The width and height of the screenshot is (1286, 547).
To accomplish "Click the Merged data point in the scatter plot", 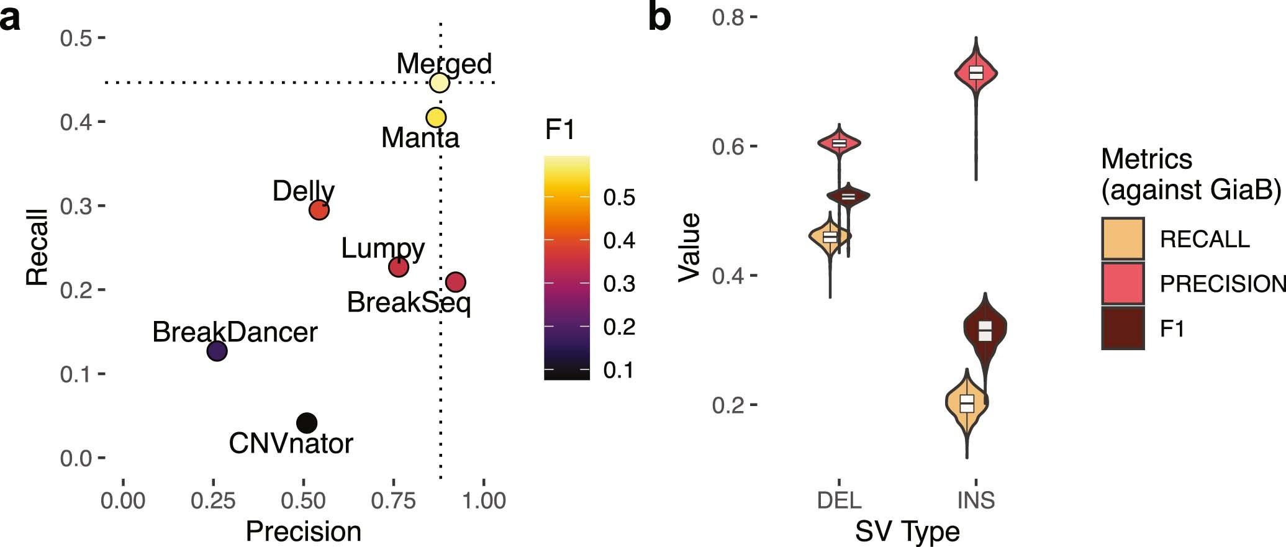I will (x=439, y=83).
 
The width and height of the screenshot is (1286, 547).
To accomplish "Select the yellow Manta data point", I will (x=436, y=117).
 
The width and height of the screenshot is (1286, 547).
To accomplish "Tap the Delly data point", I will (x=319, y=210).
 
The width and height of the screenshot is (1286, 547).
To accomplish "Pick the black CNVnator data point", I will (x=307, y=423).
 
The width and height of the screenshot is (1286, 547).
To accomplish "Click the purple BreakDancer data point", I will (x=216, y=351).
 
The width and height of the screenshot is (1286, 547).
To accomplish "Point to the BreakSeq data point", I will (x=456, y=282).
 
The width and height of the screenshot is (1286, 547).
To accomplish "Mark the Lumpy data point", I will (x=398, y=267).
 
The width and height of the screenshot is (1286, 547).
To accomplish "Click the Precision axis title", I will (x=303, y=531).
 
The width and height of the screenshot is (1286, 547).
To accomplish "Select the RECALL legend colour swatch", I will (x=1123, y=238).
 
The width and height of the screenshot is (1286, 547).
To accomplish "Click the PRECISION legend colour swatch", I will (x=1123, y=283).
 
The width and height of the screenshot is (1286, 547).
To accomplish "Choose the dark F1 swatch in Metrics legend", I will (x=1123, y=328).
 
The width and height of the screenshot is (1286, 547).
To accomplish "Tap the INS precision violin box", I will (x=976, y=72).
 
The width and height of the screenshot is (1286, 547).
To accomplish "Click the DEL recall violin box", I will (x=830, y=237).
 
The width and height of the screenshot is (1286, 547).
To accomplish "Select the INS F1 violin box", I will (x=985, y=330).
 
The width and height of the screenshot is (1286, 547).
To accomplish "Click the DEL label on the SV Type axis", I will (x=839, y=500).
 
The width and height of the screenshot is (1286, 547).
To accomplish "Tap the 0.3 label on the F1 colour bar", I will (x=619, y=284).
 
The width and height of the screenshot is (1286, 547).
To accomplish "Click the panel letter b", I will (x=659, y=17).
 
